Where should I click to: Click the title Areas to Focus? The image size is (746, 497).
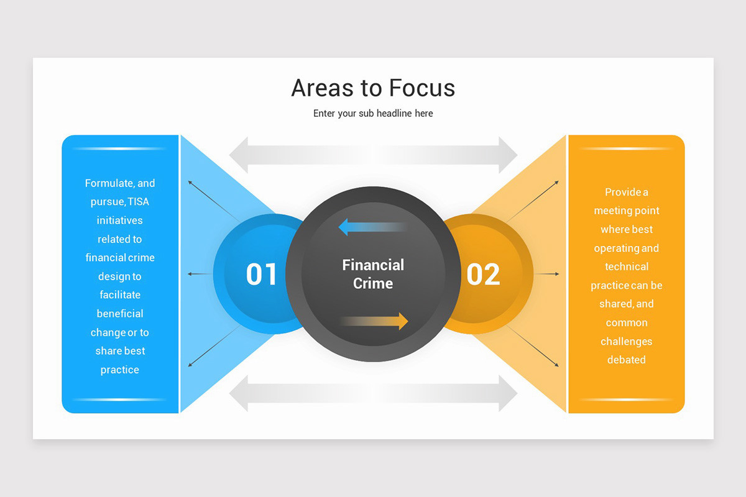373,88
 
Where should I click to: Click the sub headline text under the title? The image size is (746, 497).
373,114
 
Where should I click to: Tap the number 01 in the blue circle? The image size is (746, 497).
261,274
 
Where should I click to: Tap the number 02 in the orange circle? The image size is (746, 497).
483,274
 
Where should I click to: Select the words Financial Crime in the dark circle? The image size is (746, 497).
373,274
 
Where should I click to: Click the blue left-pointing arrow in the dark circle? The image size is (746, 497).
372,227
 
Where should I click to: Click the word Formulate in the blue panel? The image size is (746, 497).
109,183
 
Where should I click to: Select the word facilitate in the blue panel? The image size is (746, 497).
120,295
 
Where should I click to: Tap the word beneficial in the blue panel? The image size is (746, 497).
120,314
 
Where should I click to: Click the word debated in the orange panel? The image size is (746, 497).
626,360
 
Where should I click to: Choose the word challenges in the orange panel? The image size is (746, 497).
626,341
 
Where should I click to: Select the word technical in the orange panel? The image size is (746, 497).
626,267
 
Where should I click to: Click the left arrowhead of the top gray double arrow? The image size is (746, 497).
239,155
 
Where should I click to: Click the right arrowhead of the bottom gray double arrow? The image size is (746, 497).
507,393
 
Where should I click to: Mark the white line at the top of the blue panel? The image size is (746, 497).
120,148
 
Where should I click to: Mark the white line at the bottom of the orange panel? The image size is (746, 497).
626,399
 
